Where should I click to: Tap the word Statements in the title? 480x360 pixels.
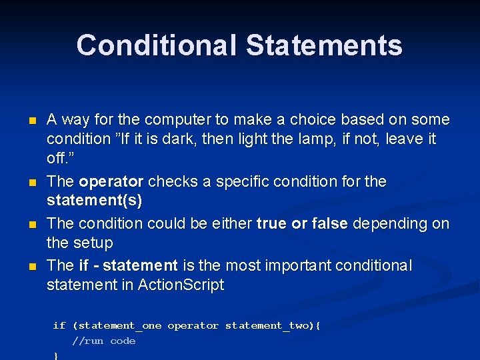pos(324,46)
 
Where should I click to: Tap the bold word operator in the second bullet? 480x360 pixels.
pos(111,182)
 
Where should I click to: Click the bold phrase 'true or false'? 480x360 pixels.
pos(302,223)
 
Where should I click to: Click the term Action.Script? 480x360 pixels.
pos(181,285)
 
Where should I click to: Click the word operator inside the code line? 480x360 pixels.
pos(193,326)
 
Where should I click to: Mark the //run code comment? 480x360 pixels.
pos(103,341)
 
